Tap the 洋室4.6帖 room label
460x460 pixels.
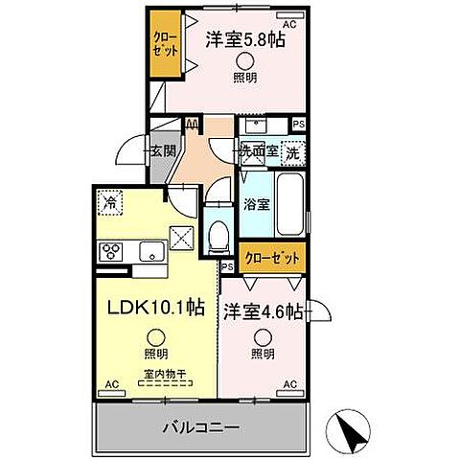[264, 311]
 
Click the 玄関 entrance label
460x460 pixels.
[163, 150]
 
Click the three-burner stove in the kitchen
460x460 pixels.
[110, 252]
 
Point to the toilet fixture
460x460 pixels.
[218, 231]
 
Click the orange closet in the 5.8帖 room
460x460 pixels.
[164, 44]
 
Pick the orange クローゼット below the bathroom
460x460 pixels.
[272, 258]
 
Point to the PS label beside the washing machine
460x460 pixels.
[298, 124]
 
